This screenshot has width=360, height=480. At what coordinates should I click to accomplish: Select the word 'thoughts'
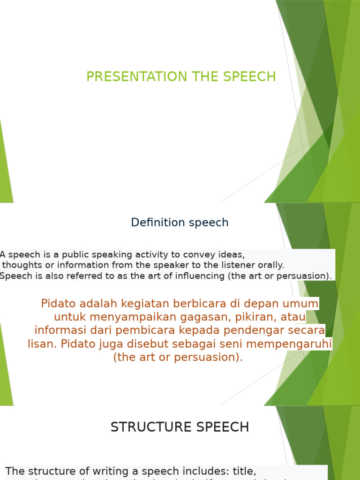pyautogui.click(x=19, y=265)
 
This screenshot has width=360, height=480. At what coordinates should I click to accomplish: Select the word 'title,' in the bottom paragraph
pyautogui.click(x=240, y=471)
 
